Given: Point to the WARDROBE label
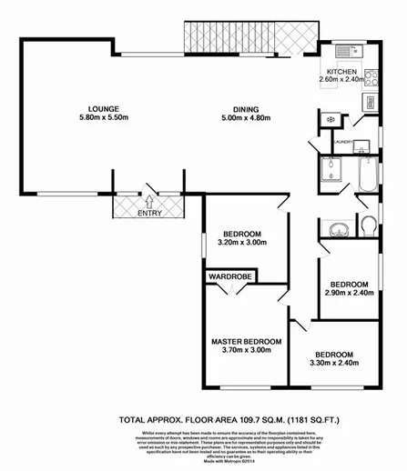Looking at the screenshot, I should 231,275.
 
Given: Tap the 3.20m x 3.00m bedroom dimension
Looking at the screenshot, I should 241,243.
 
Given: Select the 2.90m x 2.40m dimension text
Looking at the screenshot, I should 350,293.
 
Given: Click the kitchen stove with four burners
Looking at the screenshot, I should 370,76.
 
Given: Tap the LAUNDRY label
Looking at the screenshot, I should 343,142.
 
